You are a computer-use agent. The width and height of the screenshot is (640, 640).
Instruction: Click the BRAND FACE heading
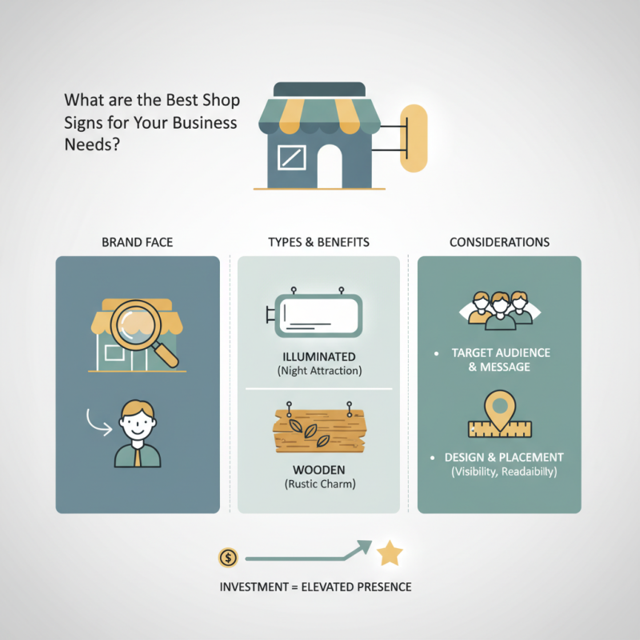[137, 242]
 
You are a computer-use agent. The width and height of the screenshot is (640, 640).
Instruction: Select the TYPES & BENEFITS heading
[318, 242]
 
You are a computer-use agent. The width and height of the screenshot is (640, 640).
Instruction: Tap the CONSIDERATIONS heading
[499, 242]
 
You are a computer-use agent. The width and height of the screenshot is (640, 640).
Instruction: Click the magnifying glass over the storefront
[143, 330]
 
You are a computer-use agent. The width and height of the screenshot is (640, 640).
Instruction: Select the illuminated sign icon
[314, 312]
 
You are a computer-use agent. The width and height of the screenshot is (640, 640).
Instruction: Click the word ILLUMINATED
[319, 357]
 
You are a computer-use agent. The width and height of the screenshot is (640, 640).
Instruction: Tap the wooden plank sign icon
[319, 428]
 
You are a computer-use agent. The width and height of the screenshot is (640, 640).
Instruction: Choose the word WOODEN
[319, 470]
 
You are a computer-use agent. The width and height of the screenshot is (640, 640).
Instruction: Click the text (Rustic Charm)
[320, 484]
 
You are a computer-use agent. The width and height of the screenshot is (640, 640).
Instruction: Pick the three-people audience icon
[500, 310]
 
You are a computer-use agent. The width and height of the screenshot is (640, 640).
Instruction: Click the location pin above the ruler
[500, 410]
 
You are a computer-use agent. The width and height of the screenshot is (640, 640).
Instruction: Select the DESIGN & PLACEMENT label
[504, 457]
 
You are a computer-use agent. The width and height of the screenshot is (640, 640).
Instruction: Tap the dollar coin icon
[228, 558]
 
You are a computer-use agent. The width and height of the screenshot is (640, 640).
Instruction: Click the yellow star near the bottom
[390, 554]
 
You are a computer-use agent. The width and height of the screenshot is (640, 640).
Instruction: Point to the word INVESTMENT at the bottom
[254, 587]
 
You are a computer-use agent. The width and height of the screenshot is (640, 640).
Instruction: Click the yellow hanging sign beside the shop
[414, 138]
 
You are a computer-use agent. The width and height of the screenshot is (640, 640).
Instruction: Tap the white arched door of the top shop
[330, 166]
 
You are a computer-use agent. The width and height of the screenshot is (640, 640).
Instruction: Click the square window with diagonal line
[292, 157]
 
